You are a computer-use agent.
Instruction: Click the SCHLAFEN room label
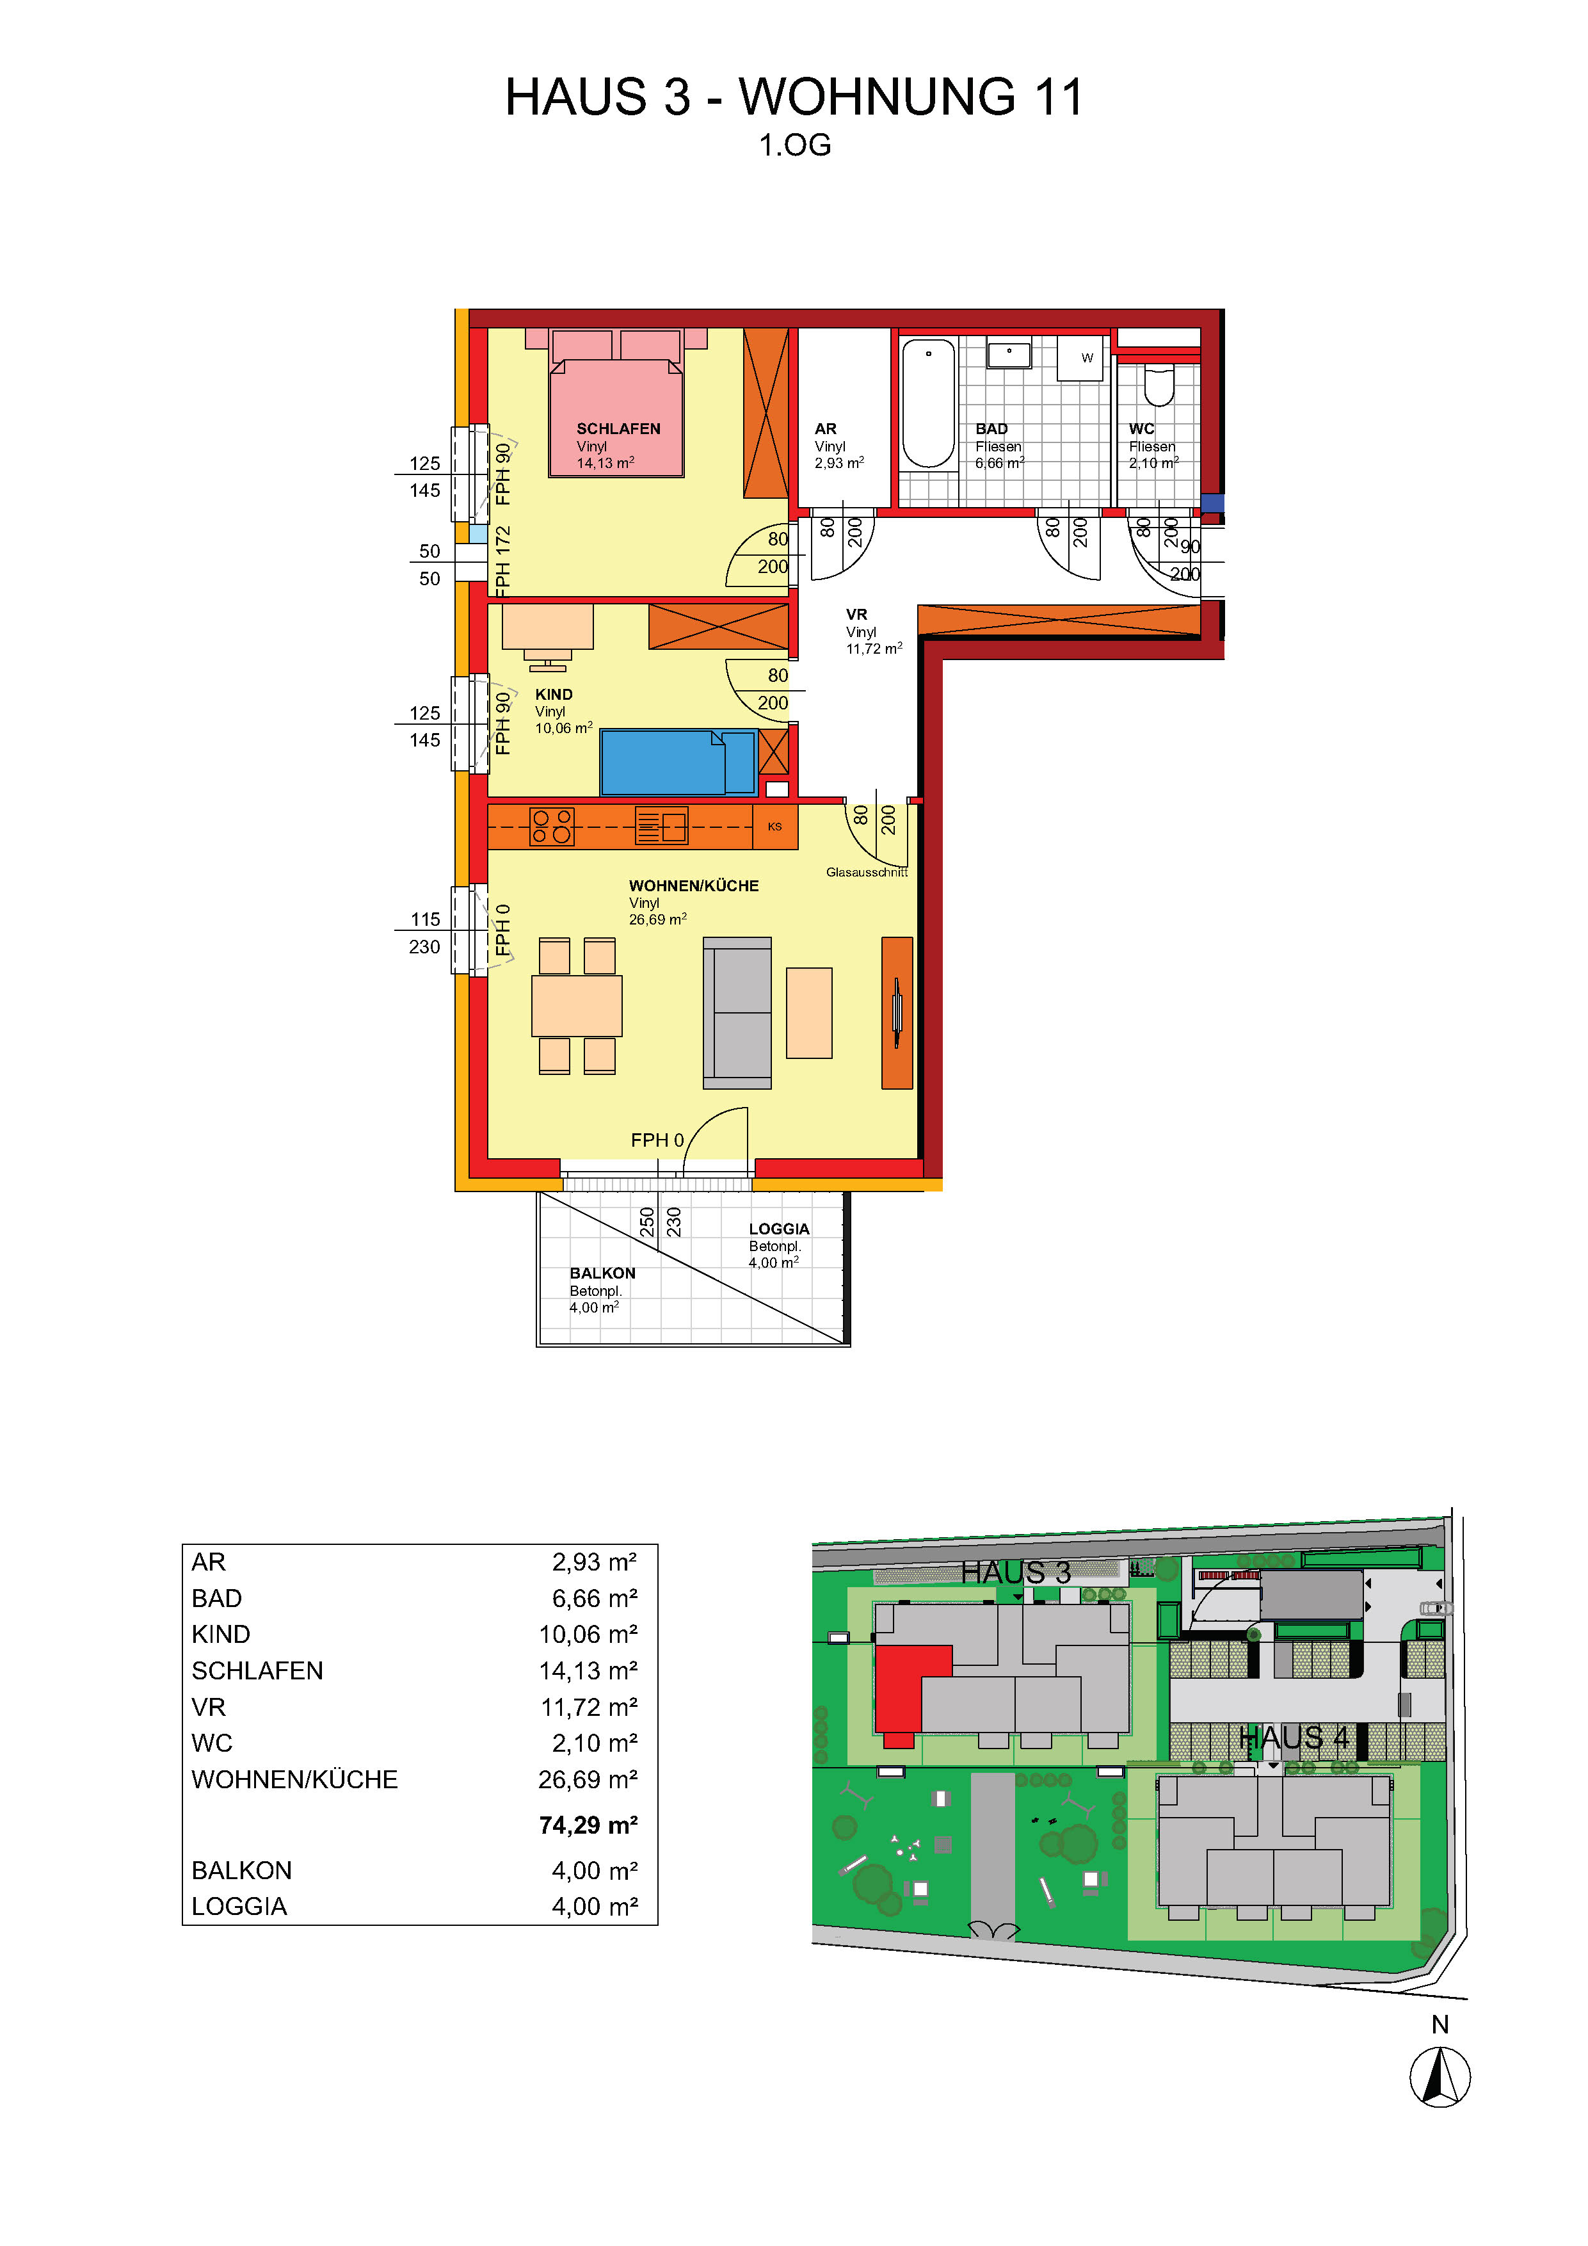[x=618, y=428]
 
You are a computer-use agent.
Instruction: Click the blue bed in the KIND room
[x=678, y=762]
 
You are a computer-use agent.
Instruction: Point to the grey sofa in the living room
[x=737, y=1012]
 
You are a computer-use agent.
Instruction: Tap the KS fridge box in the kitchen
[x=774, y=827]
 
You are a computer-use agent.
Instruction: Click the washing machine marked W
[x=1080, y=358]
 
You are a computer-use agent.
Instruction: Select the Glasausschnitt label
[x=867, y=871]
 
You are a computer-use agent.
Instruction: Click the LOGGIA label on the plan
[x=780, y=1229]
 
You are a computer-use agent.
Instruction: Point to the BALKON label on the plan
[x=602, y=1273]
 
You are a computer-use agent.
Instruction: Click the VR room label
[x=856, y=615]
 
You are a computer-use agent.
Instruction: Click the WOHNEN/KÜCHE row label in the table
[x=294, y=1779]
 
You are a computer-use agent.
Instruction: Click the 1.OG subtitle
[x=795, y=145]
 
